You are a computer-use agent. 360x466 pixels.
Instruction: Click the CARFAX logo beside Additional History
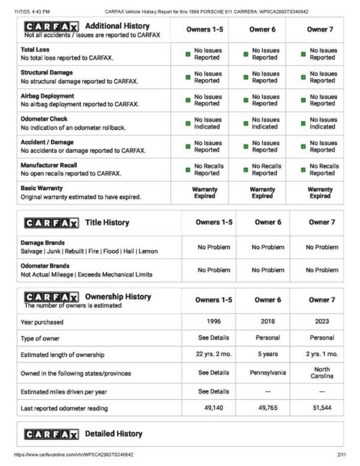[51, 27]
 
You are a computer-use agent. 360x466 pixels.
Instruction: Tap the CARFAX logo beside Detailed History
[51, 434]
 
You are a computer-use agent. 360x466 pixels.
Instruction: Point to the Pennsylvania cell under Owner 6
[268, 372]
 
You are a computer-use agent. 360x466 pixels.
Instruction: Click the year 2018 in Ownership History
[268, 321]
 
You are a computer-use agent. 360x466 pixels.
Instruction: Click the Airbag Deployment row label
[47, 96]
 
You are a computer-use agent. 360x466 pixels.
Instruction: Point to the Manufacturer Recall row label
[49, 165]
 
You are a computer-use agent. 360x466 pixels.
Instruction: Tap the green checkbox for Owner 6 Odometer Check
[245, 124]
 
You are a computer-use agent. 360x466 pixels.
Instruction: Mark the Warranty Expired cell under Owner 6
[262, 193]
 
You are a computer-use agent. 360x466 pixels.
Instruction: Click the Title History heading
[107, 223]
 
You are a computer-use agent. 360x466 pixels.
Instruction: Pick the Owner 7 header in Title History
[319, 222]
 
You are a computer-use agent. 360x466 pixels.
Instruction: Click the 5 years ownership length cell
[268, 354]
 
